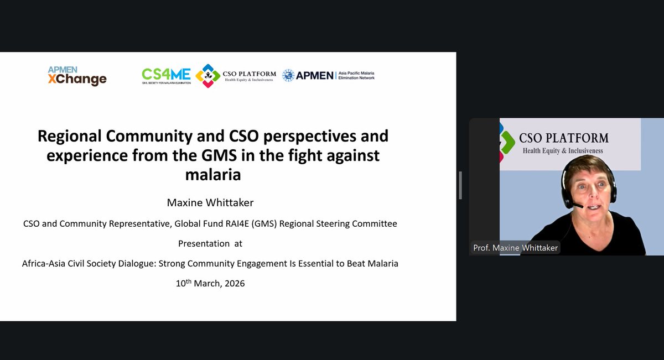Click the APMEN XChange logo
coord(77,76)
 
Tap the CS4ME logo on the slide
coord(166,75)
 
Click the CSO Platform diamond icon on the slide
coord(208,75)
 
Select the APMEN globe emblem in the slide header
coord(288,75)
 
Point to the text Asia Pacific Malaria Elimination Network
coord(356,75)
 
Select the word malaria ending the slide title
coord(213,175)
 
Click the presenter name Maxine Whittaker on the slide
coord(210,203)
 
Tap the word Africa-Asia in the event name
coord(44,263)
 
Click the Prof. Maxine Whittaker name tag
coord(515,247)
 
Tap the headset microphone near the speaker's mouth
coord(577,206)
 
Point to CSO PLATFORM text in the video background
coord(563,138)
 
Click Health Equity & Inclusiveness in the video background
coord(563,150)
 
